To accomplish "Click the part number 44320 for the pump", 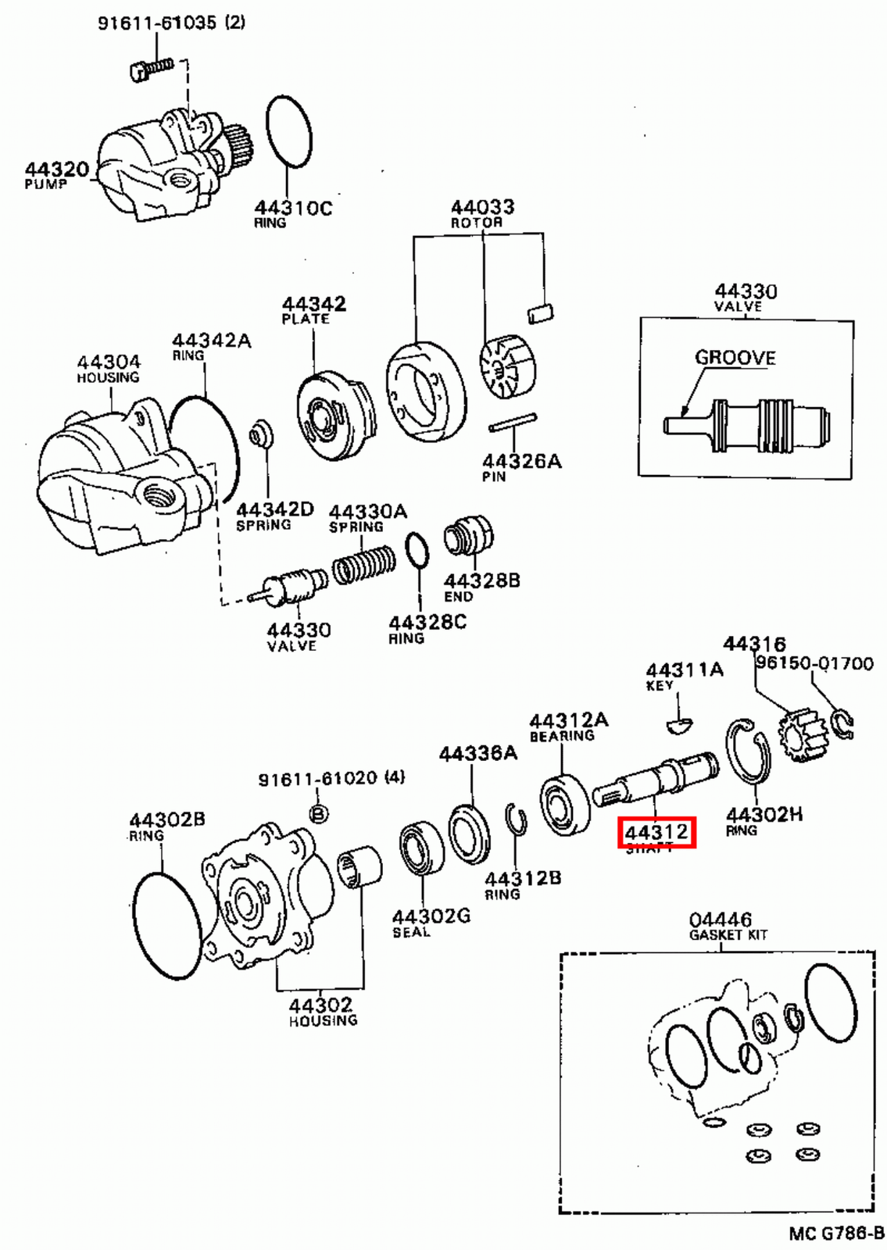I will pos(56,169).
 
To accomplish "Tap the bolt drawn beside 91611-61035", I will pos(151,69).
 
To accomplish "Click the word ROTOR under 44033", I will pos(476,223).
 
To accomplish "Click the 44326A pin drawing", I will pos(513,423).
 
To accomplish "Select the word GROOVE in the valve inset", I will pos(735,358).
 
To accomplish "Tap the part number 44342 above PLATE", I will pos(313,303).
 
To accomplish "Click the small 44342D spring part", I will pos(260,434).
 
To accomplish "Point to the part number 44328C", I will pos(427,622).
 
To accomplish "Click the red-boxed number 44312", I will pos(656,833).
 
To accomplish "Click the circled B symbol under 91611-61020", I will pos(318,814).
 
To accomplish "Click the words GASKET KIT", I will pos(728,934).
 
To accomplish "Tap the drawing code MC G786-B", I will pos(835,1234).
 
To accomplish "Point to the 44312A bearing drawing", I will pos(564,804).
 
